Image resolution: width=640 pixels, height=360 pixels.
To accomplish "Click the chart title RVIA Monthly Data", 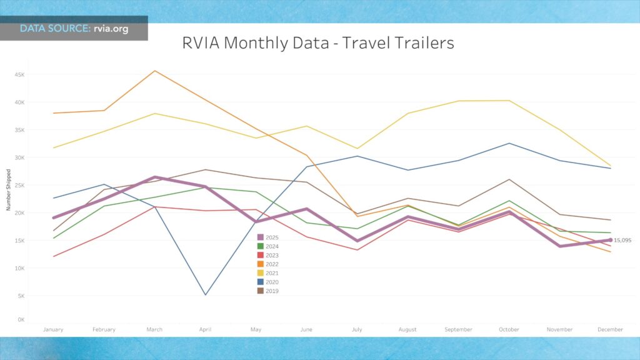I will click(x=318, y=43).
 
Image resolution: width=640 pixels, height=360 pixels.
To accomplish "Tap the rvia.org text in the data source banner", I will click(x=111, y=29).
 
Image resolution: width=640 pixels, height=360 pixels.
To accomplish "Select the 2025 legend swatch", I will click(x=260, y=237).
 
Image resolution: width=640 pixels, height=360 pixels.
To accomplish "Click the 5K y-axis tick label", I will click(x=21, y=296).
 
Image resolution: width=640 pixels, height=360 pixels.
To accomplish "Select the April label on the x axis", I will click(x=205, y=329).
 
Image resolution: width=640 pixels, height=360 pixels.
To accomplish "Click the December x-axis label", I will click(x=610, y=329).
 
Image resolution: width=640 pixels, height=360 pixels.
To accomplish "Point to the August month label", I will click(x=407, y=329).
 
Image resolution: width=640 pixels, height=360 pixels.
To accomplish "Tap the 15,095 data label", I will click(x=623, y=240).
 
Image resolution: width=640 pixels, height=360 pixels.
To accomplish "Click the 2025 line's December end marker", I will click(x=611, y=240).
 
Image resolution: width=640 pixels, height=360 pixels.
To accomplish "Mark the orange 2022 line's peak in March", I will click(x=154, y=71).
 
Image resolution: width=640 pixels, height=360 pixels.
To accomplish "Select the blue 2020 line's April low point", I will click(x=205, y=295).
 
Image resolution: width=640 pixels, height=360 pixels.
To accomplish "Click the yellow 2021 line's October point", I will click(x=509, y=101).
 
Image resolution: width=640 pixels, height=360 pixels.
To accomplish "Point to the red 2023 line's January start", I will click(x=54, y=256).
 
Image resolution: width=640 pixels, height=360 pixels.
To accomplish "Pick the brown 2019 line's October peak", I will click(x=509, y=179).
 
